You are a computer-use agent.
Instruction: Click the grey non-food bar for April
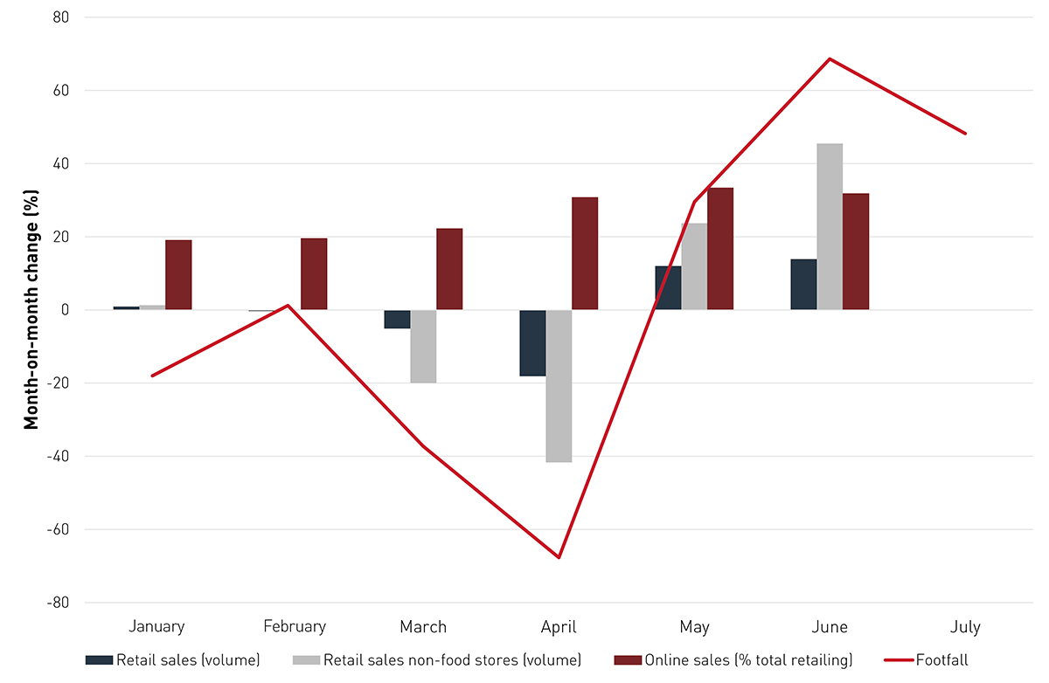pyautogui.click(x=559, y=385)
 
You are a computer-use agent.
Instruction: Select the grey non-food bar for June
pyautogui.click(x=830, y=226)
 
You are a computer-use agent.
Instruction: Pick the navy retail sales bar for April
pyautogui.click(x=532, y=342)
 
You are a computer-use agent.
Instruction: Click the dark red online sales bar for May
pyautogui.click(x=720, y=248)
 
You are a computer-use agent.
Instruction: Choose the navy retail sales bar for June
pyautogui.click(x=803, y=284)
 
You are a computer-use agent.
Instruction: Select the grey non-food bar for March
pyautogui.click(x=423, y=346)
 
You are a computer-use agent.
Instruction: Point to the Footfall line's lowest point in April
pyautogui.click(x=559, y=557)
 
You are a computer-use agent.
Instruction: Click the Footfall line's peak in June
pyautogui.click(x=829, y=59)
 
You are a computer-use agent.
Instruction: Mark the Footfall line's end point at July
pyautogui.click(x=966, y=134)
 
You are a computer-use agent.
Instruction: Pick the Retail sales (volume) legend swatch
pyautogui.click(x=99, y=660)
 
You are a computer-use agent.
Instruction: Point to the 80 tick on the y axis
pyautogui.click(x=62, y=17)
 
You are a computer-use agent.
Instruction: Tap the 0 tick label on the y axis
pyautogui.click(x=66, y=310)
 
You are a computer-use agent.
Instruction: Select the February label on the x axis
pyautogui.click(x=295, y=626)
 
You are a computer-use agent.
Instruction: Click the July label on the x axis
pyautogui.click(x=965, y=626)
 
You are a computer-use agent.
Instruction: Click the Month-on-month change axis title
pyautogui.click(x=31, y=310)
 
